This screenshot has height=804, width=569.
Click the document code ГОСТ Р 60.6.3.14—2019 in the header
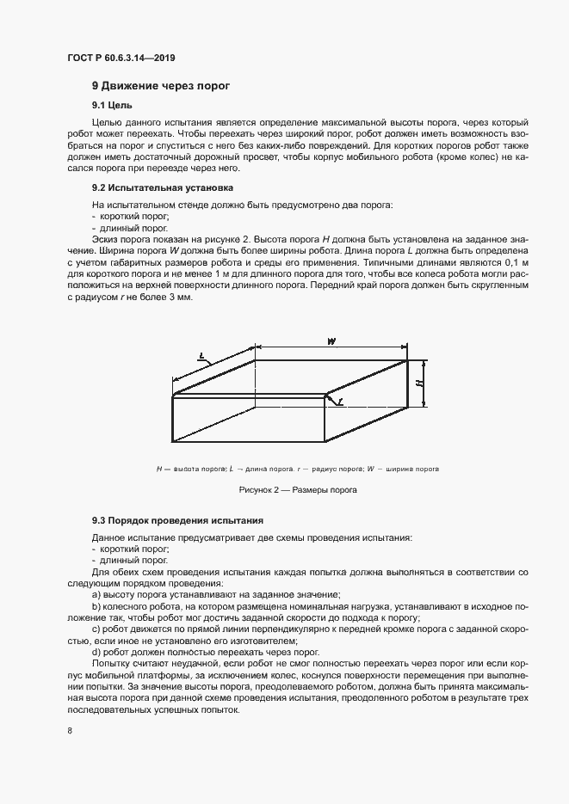click(x=121, y=58)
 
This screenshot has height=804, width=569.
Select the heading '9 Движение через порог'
click(x=159, y=86)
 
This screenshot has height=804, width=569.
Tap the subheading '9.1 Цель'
click(x=111, y=105)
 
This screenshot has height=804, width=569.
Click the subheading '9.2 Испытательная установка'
click(x=162, y=187)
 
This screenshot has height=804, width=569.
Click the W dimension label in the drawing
click(x=331, y=342)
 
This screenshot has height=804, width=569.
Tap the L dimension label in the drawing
click(x=201, y=353)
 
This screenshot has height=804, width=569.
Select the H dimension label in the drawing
click(x=418, y=382)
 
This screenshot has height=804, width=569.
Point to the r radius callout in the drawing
click(x=340, y=402)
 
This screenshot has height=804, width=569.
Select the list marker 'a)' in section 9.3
click(x=96, y=594)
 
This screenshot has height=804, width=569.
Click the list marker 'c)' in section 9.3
click(x=96, y=629)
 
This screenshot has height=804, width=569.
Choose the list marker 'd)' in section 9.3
click(x=96, y=652)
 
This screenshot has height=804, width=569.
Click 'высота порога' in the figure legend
click(x=199, y=469)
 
